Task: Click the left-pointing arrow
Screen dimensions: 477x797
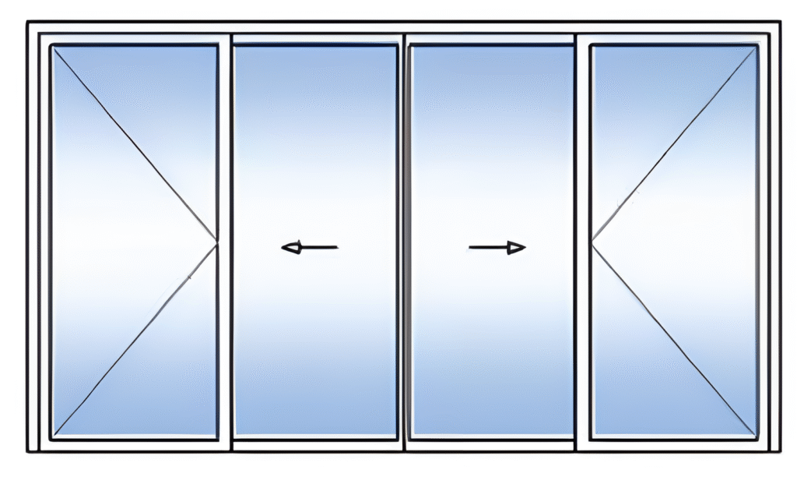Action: (309, 248)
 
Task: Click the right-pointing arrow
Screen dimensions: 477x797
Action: (497, 248)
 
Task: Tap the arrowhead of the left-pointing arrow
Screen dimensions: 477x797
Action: (290, 248)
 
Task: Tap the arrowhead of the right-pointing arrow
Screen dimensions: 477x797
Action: (516, 248)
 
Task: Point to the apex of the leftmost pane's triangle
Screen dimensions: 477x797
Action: (216, 244)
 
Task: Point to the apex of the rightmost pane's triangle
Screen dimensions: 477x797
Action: (592, 244)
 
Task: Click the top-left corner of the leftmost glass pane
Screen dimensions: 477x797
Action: (53, 48)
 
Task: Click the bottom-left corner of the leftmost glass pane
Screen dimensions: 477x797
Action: (53, 437)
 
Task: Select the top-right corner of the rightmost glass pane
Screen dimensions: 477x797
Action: (757, 48)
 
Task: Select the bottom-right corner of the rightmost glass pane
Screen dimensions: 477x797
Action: (757, 437)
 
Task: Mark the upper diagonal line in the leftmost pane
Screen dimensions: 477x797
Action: (135, 146)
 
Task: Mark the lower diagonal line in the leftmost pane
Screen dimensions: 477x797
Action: (135, 341)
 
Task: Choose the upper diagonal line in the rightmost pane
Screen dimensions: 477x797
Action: (674, 146)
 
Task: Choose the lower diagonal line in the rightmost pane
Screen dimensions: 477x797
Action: (674, 341)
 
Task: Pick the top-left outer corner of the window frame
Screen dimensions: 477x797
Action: (28, 23)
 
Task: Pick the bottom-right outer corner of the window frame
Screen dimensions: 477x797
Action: (781, 451)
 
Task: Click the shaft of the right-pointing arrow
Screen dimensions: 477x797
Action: (487, 248)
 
